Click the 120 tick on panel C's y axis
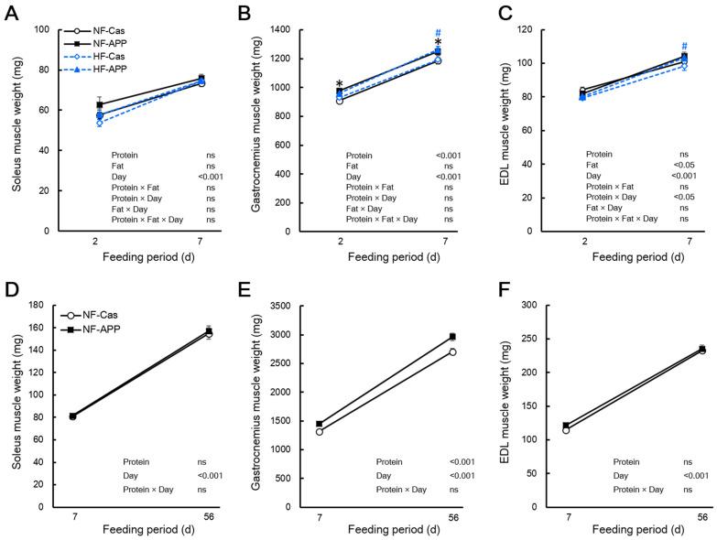point(528,29)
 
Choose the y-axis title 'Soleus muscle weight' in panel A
point(16,129)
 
